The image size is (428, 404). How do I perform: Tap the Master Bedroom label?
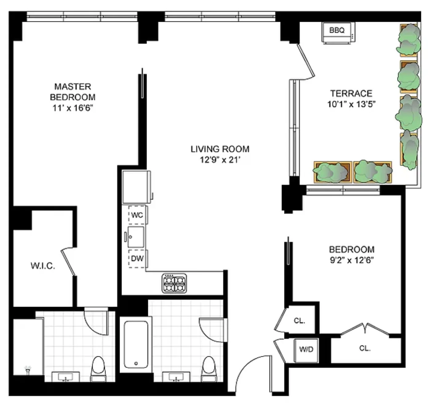point(73,92)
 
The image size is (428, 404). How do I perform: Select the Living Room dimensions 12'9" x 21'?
point(220,160)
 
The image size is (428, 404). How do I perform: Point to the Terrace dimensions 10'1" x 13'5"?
point(351,104)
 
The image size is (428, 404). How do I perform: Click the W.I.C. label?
point(43,266)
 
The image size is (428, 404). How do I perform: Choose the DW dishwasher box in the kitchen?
point(137,258)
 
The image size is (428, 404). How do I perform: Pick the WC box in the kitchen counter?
point(137,215)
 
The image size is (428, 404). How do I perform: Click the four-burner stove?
point(174,283)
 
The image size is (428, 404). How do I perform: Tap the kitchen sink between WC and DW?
point(136,237)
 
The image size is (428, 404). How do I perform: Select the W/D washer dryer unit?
point(306,350)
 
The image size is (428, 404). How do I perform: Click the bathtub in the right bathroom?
point(136,344)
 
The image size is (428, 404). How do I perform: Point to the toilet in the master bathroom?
point(98,368)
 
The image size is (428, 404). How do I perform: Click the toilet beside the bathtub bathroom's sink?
point(208,368)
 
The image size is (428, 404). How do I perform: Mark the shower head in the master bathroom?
point(28,370)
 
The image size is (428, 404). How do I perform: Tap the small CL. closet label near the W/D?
point(299,321)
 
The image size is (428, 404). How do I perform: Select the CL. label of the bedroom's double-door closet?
point(365,348)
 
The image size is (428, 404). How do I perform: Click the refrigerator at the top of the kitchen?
point(137,187)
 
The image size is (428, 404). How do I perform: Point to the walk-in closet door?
point(69,262)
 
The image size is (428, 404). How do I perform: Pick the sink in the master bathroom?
point(65,377)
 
